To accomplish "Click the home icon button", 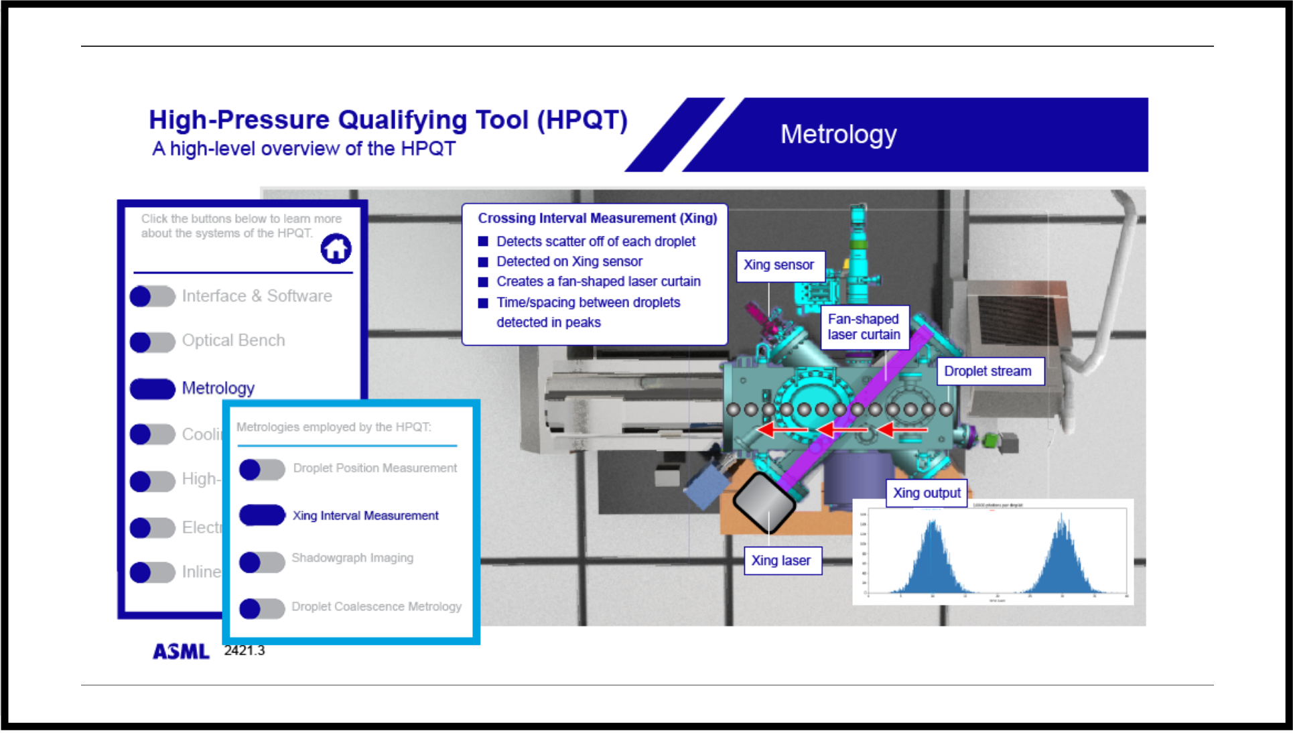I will pos(336,249).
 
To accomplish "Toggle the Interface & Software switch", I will pos(152,296).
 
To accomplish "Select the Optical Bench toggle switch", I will pos(152,342).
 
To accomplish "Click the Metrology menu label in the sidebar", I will pos(218,388).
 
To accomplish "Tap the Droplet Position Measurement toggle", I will pos(262,469).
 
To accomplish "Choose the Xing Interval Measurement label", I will pos(365,515).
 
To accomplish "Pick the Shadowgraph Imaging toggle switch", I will pos(262,562).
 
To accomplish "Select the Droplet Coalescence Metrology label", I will pos(376,606).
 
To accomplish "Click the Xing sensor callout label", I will pos(779,265).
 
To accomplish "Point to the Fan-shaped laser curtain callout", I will pos(864,327).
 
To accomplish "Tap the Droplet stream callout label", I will pos(988,371).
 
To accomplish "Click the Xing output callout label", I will pos(927,493).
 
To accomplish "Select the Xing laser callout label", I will pos(781,561).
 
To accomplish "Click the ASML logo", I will pos(181,651).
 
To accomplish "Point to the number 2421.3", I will pos(244,651).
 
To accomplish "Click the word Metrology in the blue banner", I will pos(838,135).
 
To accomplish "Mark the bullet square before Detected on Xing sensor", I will pos(483,262).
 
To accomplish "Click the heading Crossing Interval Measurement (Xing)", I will pos(597,218).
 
